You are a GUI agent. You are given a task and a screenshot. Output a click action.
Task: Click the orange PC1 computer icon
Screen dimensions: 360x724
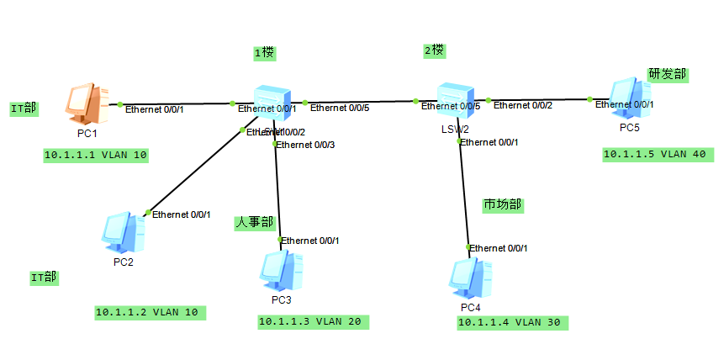pos(85,104)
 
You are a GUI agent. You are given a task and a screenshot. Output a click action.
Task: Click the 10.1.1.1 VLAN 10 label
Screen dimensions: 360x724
pos(96,156)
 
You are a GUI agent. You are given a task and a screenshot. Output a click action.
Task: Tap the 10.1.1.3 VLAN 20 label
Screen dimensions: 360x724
pos(312,320)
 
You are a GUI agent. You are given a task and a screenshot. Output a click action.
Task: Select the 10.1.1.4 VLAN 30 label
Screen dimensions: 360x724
pos(511,322)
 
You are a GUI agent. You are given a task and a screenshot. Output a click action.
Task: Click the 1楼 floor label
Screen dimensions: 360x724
pos(264,53)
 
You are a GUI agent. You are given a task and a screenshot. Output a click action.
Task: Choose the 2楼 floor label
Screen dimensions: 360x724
pos(434,50)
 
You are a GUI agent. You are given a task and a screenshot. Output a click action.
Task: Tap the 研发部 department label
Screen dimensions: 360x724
pos(667,74)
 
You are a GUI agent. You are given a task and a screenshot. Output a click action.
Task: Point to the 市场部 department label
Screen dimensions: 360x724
pos(502,204)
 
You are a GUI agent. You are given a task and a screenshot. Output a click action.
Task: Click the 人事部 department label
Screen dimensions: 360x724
pos(254,223)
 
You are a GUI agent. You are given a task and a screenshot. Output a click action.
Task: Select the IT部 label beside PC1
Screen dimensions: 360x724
pos(24,109)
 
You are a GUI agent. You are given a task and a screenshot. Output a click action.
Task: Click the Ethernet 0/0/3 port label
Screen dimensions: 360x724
pos(307,145)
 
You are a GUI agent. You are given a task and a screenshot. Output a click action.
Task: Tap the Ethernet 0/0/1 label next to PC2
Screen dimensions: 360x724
pos(181,214)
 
